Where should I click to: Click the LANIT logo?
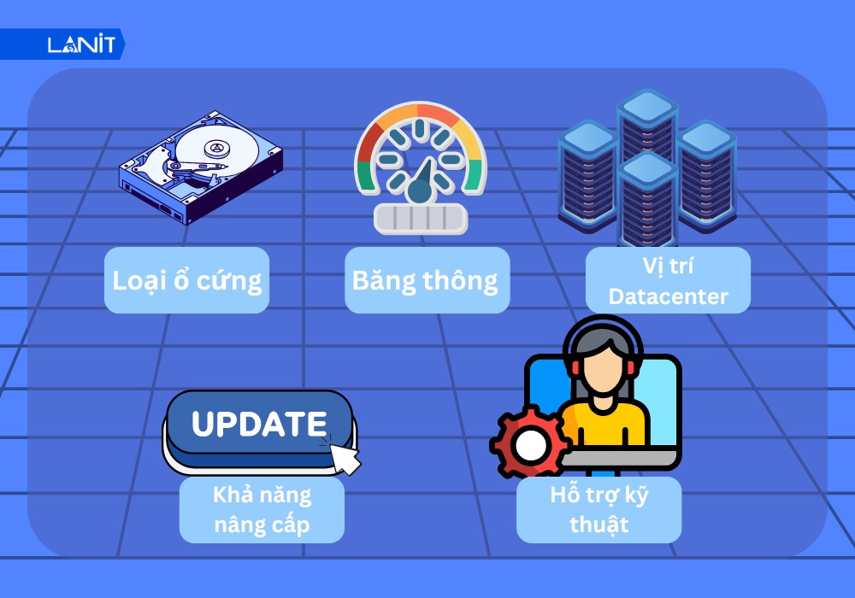80,44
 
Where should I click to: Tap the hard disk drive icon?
200,167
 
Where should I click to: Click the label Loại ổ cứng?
187,280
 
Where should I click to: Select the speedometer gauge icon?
420,167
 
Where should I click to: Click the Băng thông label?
427,280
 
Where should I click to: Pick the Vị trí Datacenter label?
668,280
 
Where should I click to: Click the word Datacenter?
668,296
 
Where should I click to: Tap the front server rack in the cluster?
647,201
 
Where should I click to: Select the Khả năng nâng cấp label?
262,510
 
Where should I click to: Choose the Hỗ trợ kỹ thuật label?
598,510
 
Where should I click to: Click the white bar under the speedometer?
421,219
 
